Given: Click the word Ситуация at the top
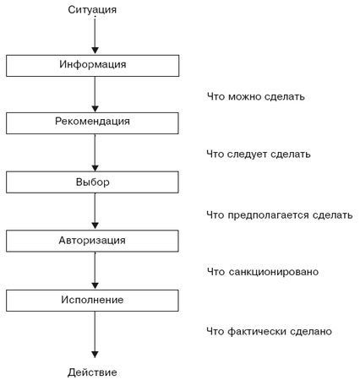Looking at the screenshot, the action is click(x=92, y=10).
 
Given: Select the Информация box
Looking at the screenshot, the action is click(x=93, y=66).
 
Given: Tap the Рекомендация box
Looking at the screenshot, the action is click(x=92, y=123).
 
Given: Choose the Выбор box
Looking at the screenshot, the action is click(x=92, y=182).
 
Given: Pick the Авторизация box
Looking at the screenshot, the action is click(x=92, y=241).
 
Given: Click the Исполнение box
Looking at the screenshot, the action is click(x=92, y=301).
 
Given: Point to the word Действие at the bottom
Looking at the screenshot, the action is click(x=92, y=372).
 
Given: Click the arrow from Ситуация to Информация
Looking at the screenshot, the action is click(x=95, y=35).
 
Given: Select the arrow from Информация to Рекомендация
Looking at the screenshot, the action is click(x=95, y=95).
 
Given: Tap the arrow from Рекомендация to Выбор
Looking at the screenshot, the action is click(x=95, y=153).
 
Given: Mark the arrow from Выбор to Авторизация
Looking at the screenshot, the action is click(x=95, y=211).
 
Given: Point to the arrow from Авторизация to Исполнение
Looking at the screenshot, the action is click(x=95, y=270).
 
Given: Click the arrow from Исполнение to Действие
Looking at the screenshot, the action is click(x=95, y=334).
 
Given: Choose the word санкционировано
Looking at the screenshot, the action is click(x=273, y=272).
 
